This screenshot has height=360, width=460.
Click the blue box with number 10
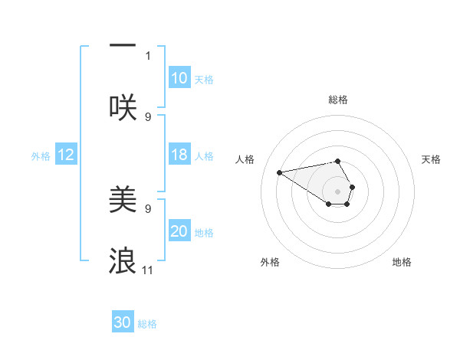[179, 78]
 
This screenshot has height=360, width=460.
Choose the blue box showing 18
[179, 155]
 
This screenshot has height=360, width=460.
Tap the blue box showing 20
[179, 231]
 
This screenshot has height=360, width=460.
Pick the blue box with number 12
[66, 155]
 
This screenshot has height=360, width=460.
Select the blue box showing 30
[123, 322]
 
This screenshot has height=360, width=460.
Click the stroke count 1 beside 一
[149, 55]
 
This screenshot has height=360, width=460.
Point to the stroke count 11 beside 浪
[148, 270]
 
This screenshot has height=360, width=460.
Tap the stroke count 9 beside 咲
[149, 116]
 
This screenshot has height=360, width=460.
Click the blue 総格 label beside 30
[147, 324]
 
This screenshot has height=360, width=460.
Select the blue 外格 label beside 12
[41, 156]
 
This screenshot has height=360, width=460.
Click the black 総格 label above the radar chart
[338, 100]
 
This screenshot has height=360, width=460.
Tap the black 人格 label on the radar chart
[245, 159]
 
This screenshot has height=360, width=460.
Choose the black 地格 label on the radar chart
[402, 263]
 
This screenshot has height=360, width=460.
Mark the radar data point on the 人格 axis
[279, 172]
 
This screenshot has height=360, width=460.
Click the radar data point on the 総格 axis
[338, 161]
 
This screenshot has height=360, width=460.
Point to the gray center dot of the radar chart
[338, 191]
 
